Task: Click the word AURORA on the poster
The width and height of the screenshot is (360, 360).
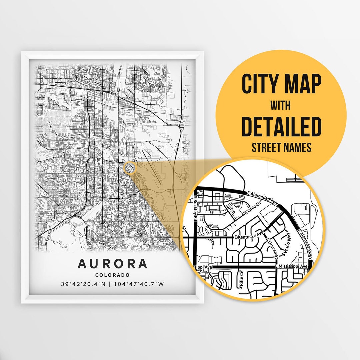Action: click(x=112, y=264)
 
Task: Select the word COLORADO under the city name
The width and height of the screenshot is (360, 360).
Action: click(x=112, y=275)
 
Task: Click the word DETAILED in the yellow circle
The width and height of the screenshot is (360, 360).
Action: click(x=281, y=127)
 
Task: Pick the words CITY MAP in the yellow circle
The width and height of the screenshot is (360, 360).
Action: click(x=281, y=84)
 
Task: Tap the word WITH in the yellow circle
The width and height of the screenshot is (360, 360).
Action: click(x=280, y=106)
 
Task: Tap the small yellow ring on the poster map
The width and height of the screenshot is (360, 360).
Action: click(x=130, y=168)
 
